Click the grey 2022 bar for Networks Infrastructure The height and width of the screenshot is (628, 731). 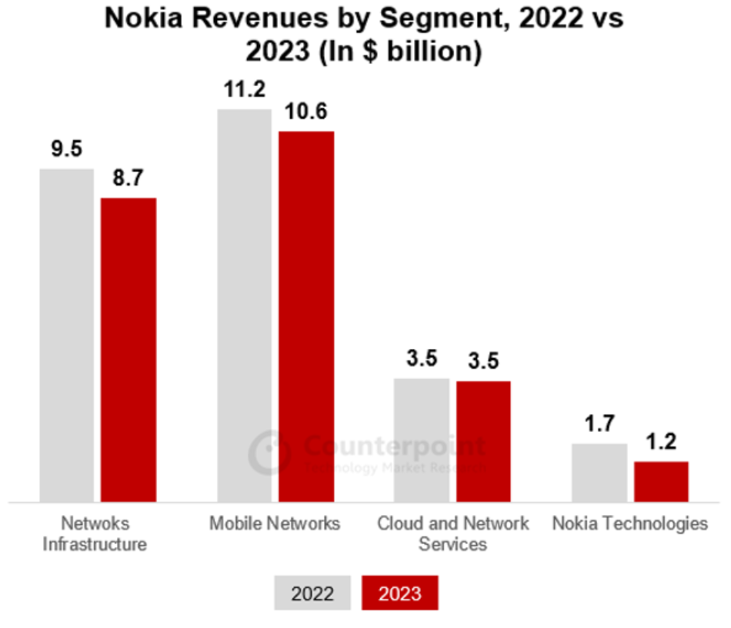(x=66, y=335)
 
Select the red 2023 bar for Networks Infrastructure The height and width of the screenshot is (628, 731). (x=129, y=350)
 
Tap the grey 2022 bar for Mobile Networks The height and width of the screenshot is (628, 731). (x=245, y=305)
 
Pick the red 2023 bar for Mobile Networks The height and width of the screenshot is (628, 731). (x=306, y=317)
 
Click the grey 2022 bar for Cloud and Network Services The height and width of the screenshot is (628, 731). (x=422, y=440)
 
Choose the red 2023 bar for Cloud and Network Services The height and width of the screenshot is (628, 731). (x=483, y=441)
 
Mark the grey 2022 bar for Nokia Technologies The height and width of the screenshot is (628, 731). (x=599, y=473)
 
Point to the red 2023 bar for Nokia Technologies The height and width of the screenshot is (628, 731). (x=661, y=482)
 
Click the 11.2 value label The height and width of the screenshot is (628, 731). (x=245, y=90)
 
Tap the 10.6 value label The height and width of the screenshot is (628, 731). (x=306, y=112)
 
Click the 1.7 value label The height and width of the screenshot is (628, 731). (x=599, y=425)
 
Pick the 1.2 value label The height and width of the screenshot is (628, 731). (x=661, y=443)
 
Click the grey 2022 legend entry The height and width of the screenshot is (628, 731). (x=312, y=593)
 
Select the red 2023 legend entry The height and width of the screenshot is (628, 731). (x=400, y=593)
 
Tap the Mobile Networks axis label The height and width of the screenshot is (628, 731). (x=275, y=524)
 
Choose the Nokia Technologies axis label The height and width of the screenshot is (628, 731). (x=630, y=524)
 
